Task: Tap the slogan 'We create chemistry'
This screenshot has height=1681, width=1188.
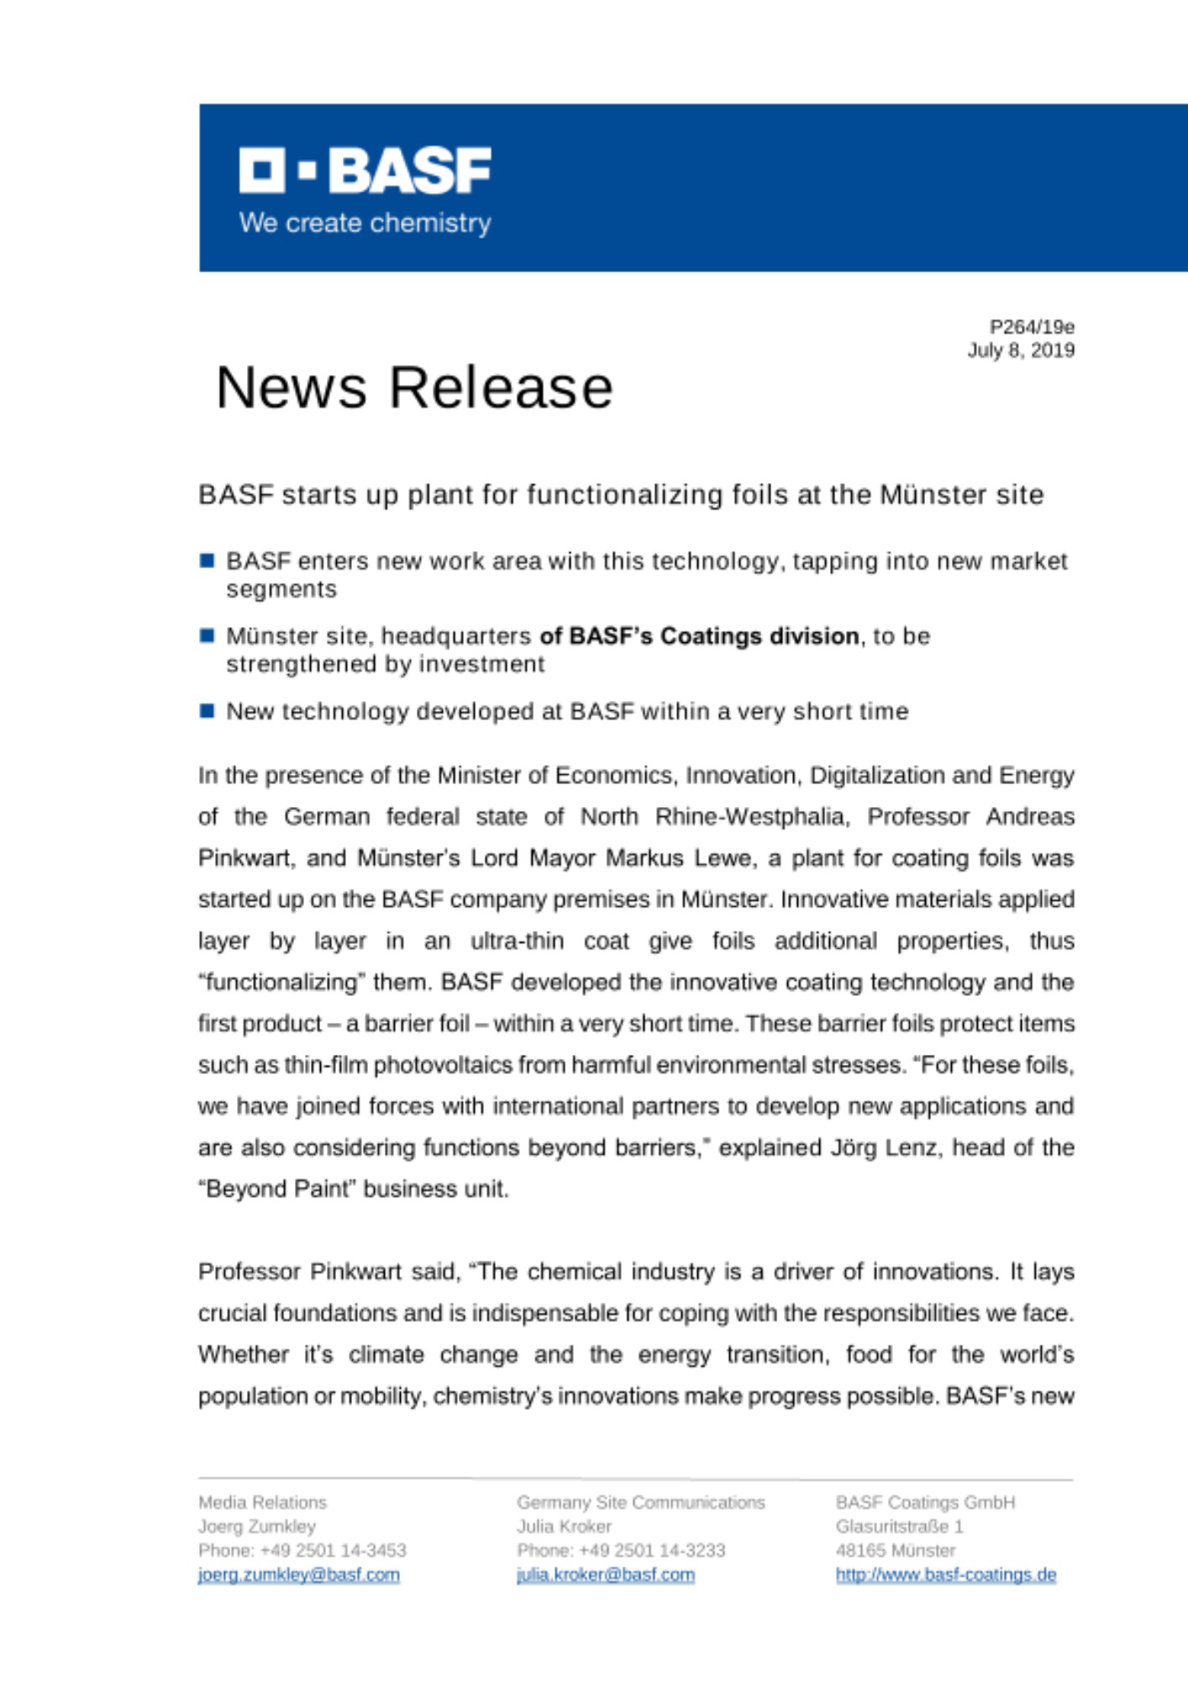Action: point(365,223)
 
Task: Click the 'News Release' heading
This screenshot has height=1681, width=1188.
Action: point(414,387)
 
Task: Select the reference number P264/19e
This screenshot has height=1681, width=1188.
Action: point(1032,326)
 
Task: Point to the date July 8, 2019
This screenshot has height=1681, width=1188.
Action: point(1021,350)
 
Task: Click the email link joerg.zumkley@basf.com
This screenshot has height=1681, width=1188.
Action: point(299,1574)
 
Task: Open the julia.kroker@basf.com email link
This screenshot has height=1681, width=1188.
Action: point(606,1574)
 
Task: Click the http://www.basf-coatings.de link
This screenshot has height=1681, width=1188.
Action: point(945,1574)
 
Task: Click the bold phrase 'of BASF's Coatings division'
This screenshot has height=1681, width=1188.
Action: point(699,635)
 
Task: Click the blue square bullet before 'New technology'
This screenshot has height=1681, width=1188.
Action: point(208,711)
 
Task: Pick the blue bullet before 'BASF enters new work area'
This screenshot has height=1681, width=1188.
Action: point(208,561)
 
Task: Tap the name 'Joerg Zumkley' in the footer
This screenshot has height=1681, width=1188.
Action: point(257,1526)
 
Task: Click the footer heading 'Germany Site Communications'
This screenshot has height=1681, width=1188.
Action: point(641,1502)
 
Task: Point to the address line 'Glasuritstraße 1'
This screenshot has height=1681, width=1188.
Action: point(899,1526)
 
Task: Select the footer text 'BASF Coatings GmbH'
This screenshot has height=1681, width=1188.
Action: point(925,1502)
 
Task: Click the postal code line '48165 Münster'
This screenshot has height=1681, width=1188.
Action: point(896,1550)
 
